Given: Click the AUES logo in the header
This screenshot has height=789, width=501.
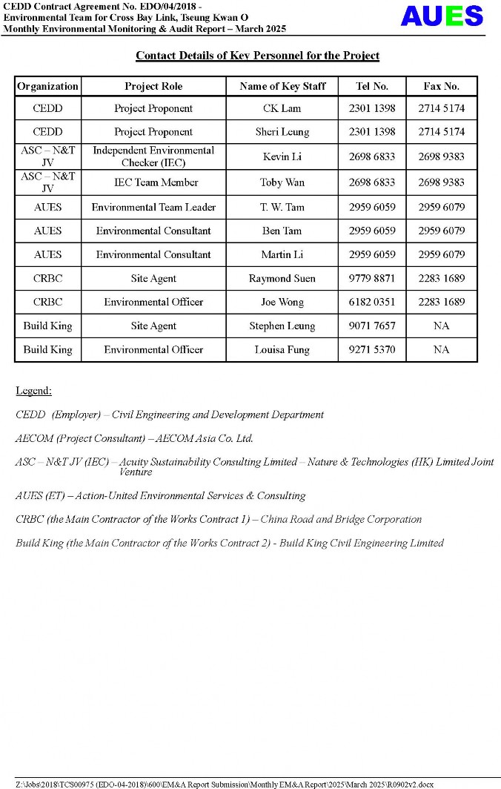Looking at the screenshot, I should click(442, 16).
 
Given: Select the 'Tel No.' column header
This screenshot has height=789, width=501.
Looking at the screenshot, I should click(371, 86).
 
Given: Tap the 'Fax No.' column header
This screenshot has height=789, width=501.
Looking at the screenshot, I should click(441, 86).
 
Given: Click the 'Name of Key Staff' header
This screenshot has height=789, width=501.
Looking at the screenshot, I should click(282, 86).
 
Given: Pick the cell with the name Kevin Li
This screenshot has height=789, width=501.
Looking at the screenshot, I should click(282, 156).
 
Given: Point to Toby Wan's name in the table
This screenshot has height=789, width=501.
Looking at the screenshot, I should click(282, 182).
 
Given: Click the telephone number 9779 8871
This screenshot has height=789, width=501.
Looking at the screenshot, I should click(371, 279).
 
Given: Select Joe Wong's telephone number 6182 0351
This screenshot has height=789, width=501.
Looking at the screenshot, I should click(371, 303).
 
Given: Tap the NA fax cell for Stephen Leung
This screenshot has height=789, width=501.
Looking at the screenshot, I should click(441, 326).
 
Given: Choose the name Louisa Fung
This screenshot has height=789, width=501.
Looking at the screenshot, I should click(282, 350).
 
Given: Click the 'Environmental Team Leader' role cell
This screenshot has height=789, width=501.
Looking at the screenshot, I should click(153, 207).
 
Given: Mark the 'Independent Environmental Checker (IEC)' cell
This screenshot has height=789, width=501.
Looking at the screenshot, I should click(153, 156).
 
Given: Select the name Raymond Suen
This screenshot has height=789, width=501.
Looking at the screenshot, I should click(282, 279).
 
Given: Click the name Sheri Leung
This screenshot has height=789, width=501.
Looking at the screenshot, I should click(282, 132).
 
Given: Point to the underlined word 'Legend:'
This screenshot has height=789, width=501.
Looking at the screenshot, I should click(33, 391).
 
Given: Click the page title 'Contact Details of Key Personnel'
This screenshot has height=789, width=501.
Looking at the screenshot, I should click(257, 56).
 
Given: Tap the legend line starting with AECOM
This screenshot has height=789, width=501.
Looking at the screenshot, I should click(134, 438).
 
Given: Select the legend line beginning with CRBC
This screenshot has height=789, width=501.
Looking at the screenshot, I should click(219, 519).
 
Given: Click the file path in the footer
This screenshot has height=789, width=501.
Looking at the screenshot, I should click(224, 784).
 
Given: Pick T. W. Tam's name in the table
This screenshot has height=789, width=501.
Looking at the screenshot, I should click(282, 207).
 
